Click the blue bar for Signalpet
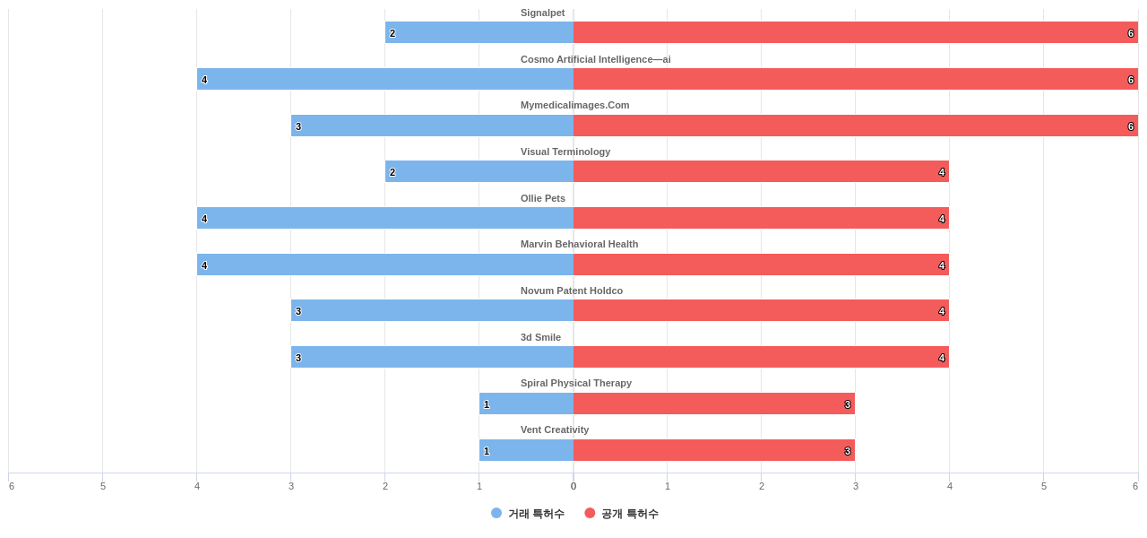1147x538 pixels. pos(479,32)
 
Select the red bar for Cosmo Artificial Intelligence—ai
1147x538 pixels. pos(856,79)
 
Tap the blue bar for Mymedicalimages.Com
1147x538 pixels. pos(432,126)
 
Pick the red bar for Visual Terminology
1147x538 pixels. pos(761,171)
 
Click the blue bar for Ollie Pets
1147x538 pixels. pos(385,218)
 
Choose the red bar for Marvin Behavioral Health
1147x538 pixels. pos(761,265)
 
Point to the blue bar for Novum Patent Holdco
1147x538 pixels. pos(432,310)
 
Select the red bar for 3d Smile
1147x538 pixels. pos(761,357)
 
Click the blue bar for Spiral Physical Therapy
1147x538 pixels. pos(526,403)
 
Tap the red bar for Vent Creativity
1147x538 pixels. pos(714,450)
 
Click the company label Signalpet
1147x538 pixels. pos(543,13)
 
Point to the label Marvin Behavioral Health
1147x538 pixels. pos(580,244)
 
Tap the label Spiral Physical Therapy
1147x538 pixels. pos(576,383)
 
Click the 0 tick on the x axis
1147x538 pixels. pos(573,486)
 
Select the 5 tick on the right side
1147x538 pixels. pos(1044,486)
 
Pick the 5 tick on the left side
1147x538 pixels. pos(103,486)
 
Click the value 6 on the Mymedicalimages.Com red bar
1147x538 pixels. pos(1131,126)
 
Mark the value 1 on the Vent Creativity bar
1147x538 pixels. pos(487,451)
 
